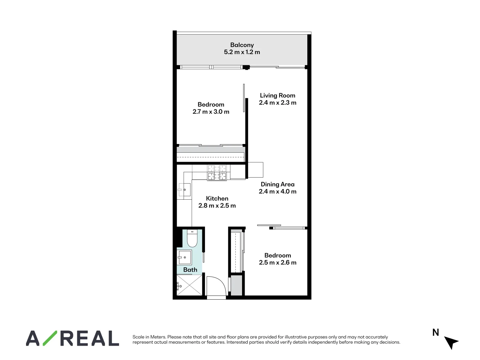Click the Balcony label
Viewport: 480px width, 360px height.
click(x=242, y=45)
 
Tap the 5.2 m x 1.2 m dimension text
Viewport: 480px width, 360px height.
click(x=242, y=52)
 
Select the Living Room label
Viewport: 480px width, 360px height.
click(x=277, y=96)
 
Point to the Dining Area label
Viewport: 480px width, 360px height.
click(x=277, y=184)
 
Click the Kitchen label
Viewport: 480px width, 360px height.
click(x=217, y=199)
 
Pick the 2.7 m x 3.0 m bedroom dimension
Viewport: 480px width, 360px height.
click(x=211, y=112)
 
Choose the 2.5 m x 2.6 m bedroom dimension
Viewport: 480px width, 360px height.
click(x=277, y=263)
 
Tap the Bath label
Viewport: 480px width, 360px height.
click(x=190, y=270)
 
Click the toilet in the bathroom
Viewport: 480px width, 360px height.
click(x=192, y=238)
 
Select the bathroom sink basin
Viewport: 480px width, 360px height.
click(x=184, y=257)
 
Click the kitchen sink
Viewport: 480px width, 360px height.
click(x=184, y=190)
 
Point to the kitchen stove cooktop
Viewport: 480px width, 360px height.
click(x=217, y=173)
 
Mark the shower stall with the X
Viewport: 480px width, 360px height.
click(x=189, y=285)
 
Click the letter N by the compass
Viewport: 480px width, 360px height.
click(x=436, y=332)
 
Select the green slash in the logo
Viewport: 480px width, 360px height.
click(x=50, y=338)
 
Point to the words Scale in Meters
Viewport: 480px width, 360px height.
click(x=149, y=337)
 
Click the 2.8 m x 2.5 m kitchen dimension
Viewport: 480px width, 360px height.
click(x=217, y=206)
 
